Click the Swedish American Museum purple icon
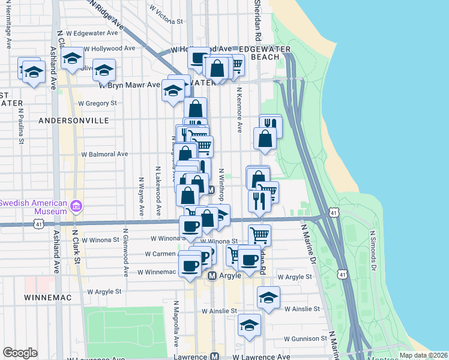click(x=76, y=207)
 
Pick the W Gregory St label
click(x=97, y=103)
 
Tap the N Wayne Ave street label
click(x=142, y=196)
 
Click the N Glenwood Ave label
click(x=125, y=252)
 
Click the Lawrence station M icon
click(x=214, y=356)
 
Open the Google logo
click(x=20, y=353)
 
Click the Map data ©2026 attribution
click(x=424, y=355)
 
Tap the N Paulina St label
click(x=21, y=127)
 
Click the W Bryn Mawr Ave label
click(x=130, y=85)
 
